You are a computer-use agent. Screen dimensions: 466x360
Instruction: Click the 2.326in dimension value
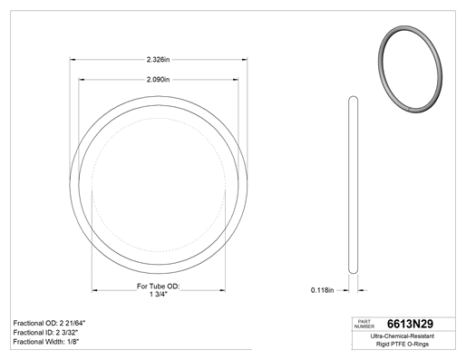[x=158, y=60]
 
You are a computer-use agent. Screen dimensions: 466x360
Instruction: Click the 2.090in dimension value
[x=158, y=80]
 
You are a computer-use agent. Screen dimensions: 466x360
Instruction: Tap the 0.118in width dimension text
[x=322, y=290]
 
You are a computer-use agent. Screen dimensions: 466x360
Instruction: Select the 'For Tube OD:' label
[x=158, y=286]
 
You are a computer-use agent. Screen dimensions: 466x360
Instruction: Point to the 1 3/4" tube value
[x=159, y=294]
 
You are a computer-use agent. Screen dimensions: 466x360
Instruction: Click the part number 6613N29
[x=410, y=324]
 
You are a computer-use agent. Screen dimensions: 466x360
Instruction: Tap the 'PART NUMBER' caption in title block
[x=364, y=324]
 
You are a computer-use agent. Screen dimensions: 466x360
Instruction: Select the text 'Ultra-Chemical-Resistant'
[x=403, y=336]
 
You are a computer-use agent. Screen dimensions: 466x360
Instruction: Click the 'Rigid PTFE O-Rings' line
[x=403, y=344]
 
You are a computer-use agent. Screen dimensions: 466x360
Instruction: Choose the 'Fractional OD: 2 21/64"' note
[x=49, y=323]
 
